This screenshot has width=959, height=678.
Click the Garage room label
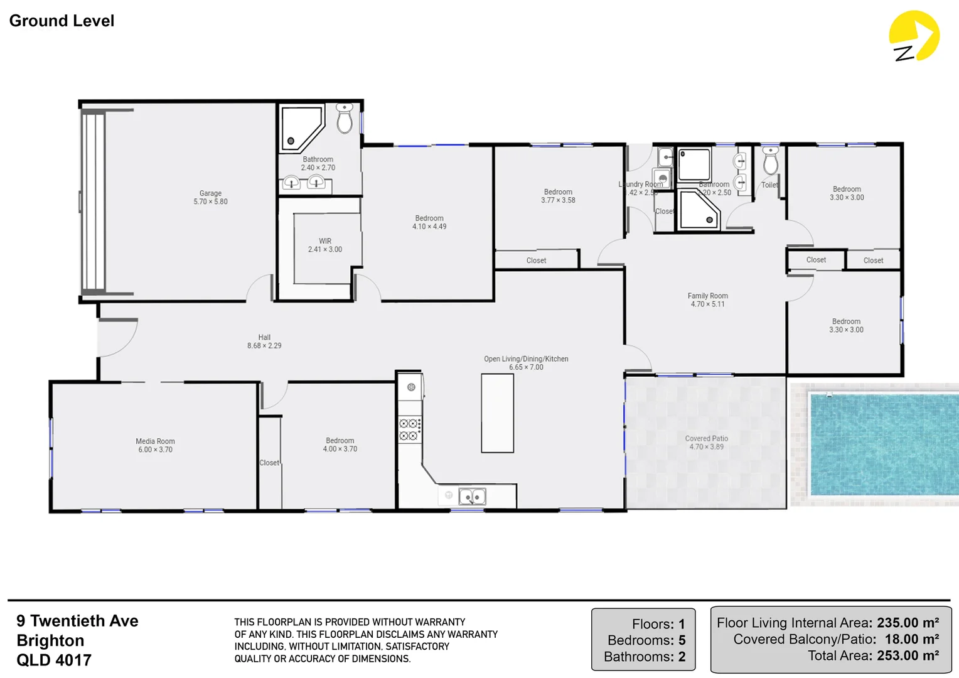(x=210, y=198)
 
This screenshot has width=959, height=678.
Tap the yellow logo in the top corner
(x=913, y=36)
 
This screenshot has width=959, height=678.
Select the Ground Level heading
(x=62, y=21)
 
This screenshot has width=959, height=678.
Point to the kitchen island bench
(x=497, y=413)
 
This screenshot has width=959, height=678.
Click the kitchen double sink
(x=472, y=497)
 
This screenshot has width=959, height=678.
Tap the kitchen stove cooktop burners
(x=409, y=429)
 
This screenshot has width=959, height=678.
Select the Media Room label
(x=155, y=445)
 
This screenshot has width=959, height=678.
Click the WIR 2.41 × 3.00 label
(x=325, y=245)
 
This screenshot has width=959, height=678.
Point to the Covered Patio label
(x=706, y=443)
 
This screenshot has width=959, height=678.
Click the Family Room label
(x=707, y=300)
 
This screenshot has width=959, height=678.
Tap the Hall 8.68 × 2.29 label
(x=264, y=342)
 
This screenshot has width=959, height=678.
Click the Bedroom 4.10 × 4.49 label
(x=429, y=222)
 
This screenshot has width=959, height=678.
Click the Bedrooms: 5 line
(x=646, y=640)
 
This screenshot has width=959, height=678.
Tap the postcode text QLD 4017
(x=54, y=660)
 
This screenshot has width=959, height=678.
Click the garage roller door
(x=93, y=201)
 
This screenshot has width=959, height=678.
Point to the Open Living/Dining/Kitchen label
(x=526, y=363)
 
